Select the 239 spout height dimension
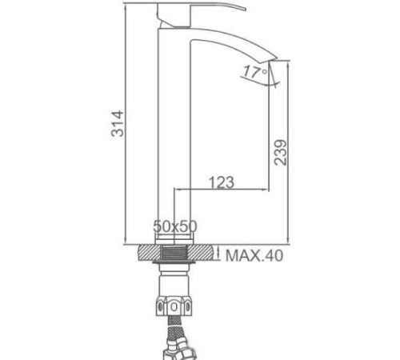point(281,149)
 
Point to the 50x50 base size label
point(174,227)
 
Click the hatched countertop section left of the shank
point(148,254)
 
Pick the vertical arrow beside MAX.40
point(218,255)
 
